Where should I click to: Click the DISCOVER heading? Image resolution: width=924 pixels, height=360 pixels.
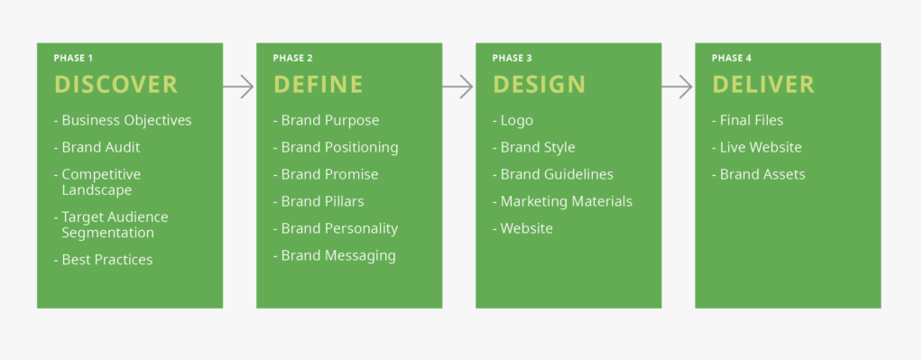115,85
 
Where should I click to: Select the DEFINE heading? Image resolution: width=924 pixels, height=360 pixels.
318,85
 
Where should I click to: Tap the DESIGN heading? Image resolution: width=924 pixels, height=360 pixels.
539,85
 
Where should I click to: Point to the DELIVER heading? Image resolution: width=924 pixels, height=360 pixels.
762,85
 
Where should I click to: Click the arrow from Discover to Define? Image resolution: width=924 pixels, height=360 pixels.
239,87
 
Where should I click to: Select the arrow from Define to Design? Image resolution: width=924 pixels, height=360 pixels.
458,87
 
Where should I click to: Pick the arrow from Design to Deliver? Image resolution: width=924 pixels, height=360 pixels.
678,87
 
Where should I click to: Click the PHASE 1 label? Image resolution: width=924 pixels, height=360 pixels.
72,59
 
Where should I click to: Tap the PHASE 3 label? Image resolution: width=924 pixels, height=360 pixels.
512,59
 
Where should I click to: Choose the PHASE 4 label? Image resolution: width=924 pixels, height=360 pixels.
731,59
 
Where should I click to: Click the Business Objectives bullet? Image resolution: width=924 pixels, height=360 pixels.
123,120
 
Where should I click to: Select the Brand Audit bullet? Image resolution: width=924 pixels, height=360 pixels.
97,147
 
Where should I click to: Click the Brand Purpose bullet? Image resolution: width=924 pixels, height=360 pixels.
326,120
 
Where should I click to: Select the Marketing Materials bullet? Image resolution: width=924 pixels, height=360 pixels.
562,201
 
